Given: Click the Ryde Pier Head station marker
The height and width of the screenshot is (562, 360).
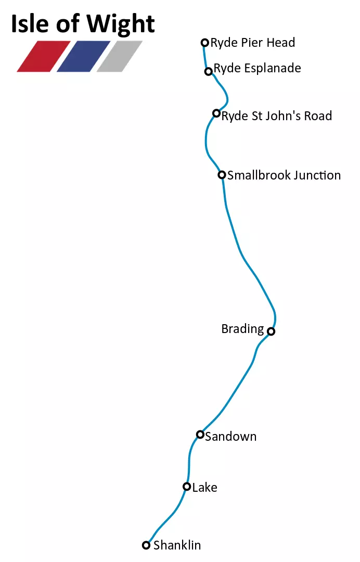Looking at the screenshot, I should pyautogui.click(x=205, y=43).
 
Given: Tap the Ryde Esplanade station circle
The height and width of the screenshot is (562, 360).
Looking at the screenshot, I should pyautogui.click(x=209, y=71).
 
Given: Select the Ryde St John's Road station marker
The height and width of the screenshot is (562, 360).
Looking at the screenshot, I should pyautogui.click(x=216, y=113).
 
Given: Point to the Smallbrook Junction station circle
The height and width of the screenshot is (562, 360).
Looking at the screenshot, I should pyautogui.click(x=222, y=175).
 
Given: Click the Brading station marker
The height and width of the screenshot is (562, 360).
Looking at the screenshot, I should pyautogui.click(x=271, y=331).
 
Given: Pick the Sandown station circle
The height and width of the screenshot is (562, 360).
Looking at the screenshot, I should pyautogui.click(x=200, y=435).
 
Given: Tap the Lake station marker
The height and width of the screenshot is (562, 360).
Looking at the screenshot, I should pyautogui.click(x=187, y=487).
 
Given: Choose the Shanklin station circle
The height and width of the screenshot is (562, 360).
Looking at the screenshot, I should pyautogui.click(x=146, y=545).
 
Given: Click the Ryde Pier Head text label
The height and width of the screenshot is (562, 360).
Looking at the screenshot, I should pyautogui.click(x=253, y=43).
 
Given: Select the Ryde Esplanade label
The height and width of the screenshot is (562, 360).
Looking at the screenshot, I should pyautogui.click(x=257, y=68).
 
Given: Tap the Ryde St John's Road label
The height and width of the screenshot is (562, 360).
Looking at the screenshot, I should pyautogui.click(x=277, y=116).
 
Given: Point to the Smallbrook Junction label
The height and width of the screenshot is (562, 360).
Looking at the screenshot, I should pyautogui.click(x=284, y=175).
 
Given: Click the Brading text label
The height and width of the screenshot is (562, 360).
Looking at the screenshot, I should pyautogui.click(x=242, y=329).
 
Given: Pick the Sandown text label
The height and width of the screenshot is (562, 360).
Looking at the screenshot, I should pyautogui.click(x=230, y=437).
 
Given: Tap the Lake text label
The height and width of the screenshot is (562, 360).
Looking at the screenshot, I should pyautogui.click(x=204, y=488).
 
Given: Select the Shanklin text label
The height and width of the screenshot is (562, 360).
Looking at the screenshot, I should pyautogui.click(x=177, y=545).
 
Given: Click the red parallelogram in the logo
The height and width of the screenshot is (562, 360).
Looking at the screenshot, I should pyautogui.click(x=44, y=56).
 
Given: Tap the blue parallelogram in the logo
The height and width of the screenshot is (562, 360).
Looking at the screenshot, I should pyautogui.click(x=83, y=56).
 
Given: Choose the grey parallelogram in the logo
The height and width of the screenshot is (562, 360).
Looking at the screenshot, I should pyautogui.click(x=120, y=56).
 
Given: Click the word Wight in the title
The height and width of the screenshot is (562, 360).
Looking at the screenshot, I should pyautogui.click(x=121, y=24).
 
